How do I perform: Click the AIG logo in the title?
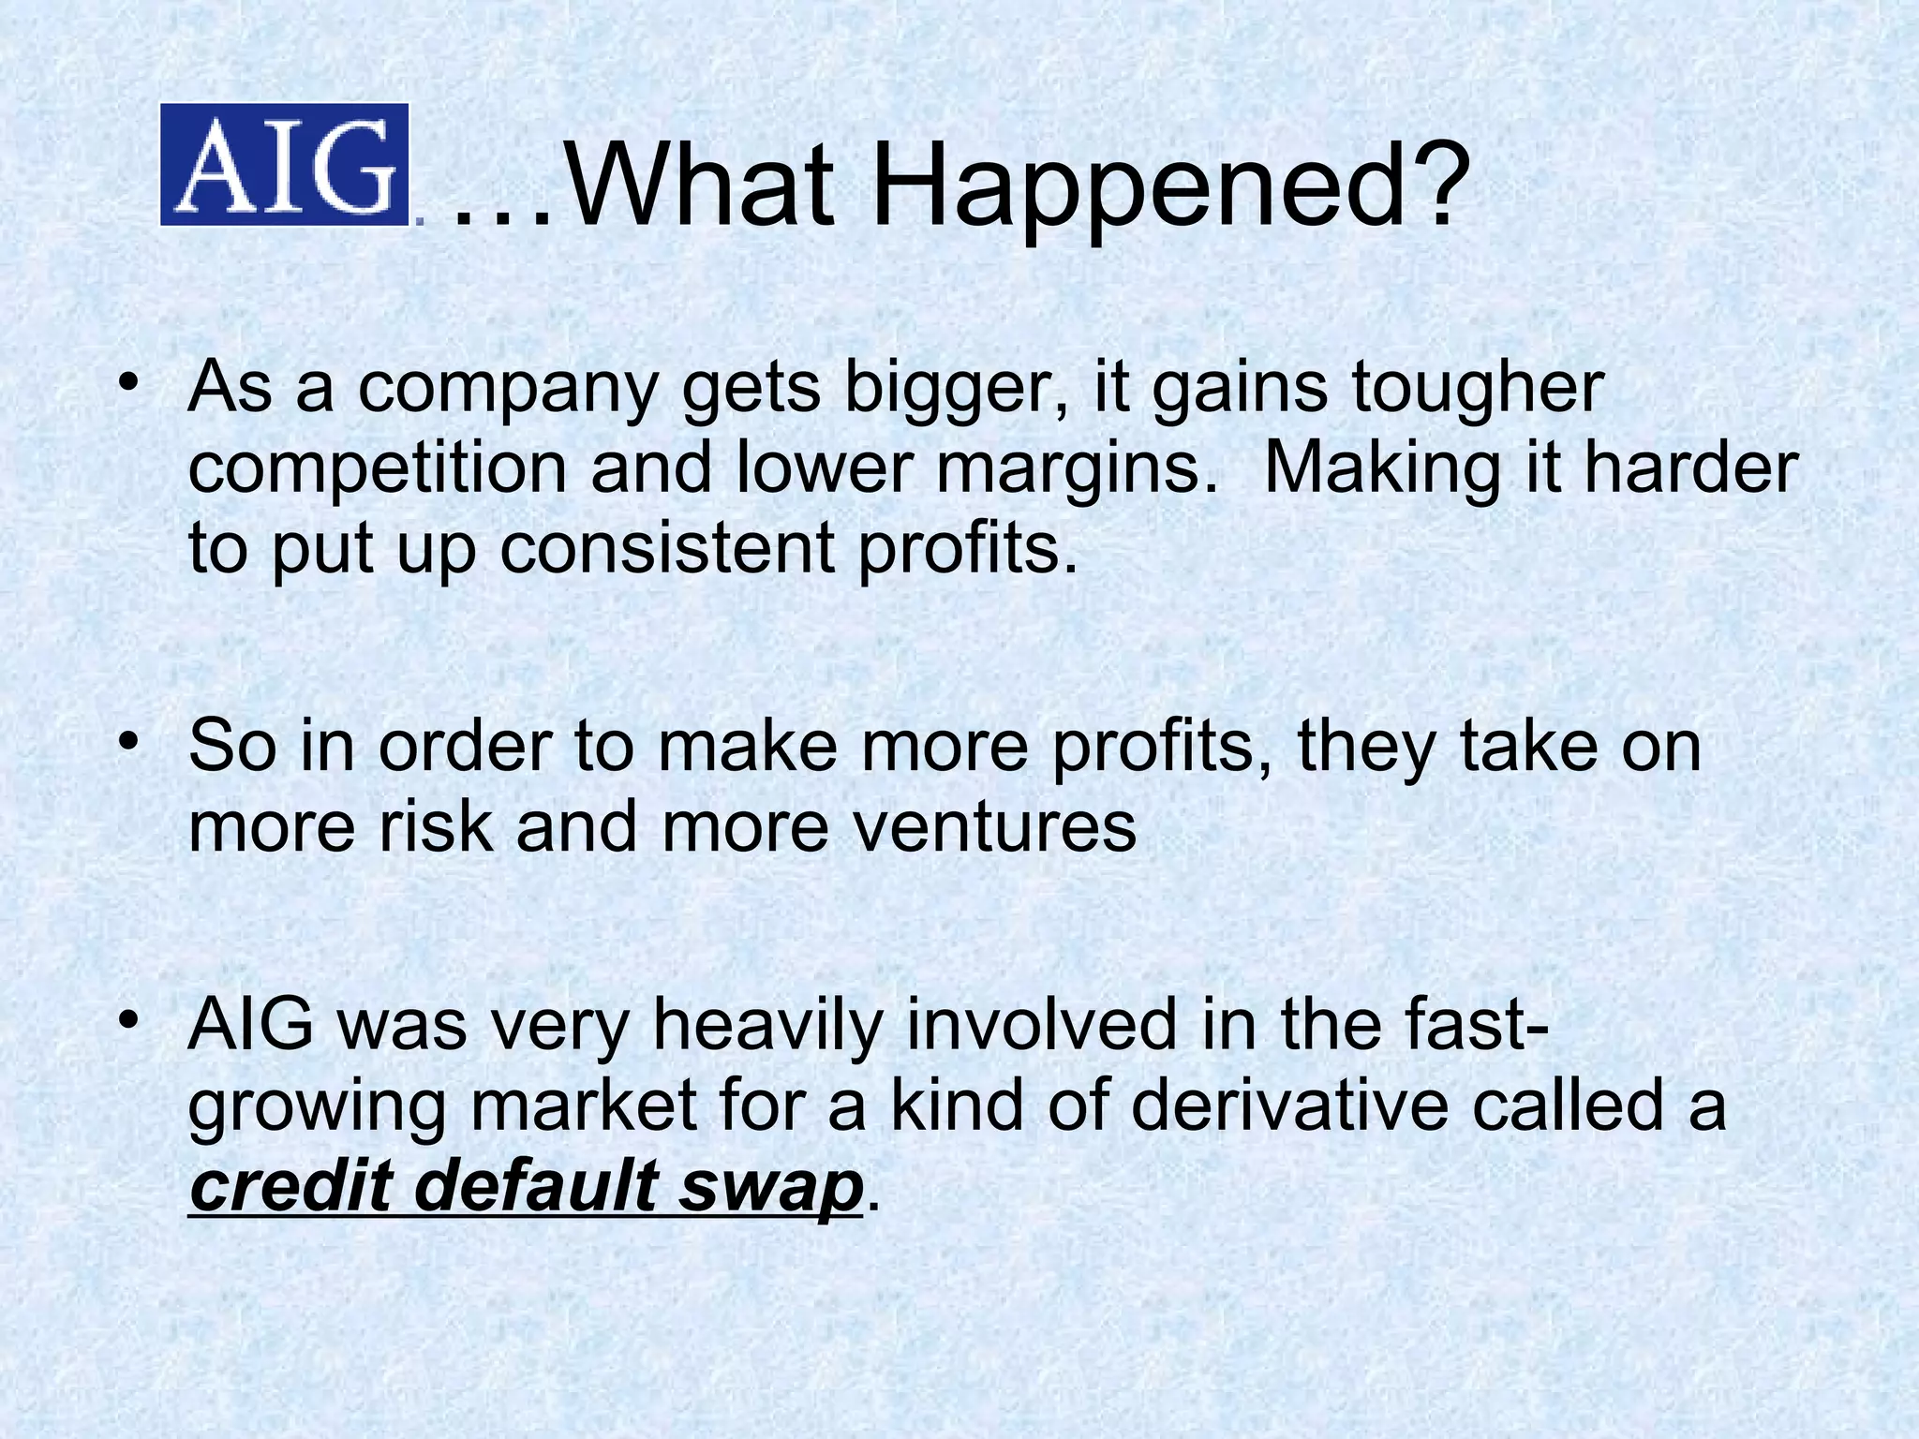[285, 164]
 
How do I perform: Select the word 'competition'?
[378, 469]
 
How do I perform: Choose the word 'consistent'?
[666, 548]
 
